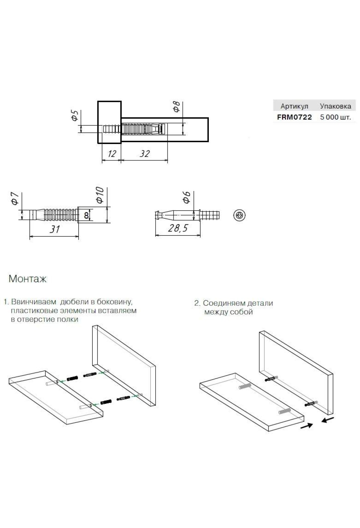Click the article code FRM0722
click(294, 117)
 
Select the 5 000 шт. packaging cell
click(335, 117)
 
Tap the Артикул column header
click(294, 106)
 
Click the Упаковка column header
click(335, 106)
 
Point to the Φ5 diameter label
click(74, 115)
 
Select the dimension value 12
click(112, 154)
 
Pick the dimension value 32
click(145, 154)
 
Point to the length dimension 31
click(54, 229)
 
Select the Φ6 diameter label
click(186, 197)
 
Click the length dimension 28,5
click(178, 228)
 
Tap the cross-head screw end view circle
click(239, 215)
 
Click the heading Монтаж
click(28, 279)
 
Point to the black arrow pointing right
click(307, 425)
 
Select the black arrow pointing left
click(327, 419)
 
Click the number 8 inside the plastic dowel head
click(86, 215)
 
